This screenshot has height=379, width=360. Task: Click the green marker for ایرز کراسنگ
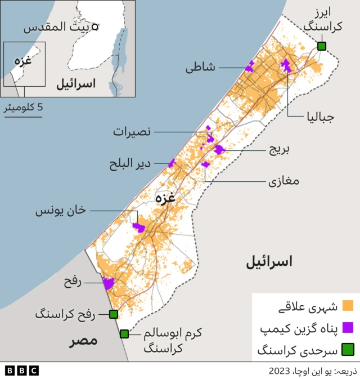click(x=322, y=46)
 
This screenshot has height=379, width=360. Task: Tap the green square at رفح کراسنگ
click(x=113, y=314)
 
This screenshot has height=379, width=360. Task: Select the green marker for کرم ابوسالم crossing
click(x=124, y=334)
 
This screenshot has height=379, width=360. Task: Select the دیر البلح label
click(x=130, y=163)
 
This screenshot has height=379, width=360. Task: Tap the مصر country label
click(x=83, y=341)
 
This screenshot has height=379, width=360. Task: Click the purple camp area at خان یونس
click(x=138, y=227)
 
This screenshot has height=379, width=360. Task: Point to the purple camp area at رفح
click(x=107, y=284)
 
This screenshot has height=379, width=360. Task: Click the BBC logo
click(x=21, y=371)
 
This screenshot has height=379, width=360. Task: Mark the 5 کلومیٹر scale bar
click(x=24, y=117)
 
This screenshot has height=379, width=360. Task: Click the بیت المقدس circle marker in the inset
click(x=95, y=26)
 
